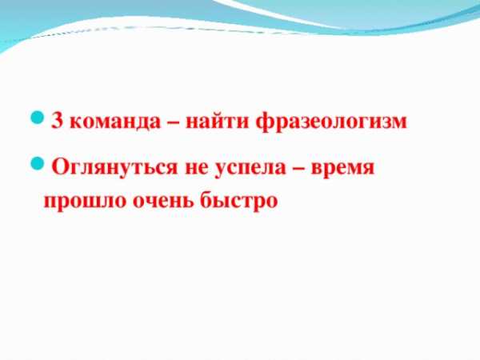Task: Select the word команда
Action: pos(114,122)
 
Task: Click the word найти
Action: pos(217,120)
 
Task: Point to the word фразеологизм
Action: pos(331,121)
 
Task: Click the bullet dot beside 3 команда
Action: pos(38,118)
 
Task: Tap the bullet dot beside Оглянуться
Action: pos(38,163)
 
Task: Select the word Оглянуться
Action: pos(114,167)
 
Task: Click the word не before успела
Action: pos(196,168)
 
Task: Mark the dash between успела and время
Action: pos(298,168)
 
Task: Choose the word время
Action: pos(342,168)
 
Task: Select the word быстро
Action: pos(239,202)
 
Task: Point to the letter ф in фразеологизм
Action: pos(265,122)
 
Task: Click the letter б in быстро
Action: pos(207,199)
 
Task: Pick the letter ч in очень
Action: pos(153,202)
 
